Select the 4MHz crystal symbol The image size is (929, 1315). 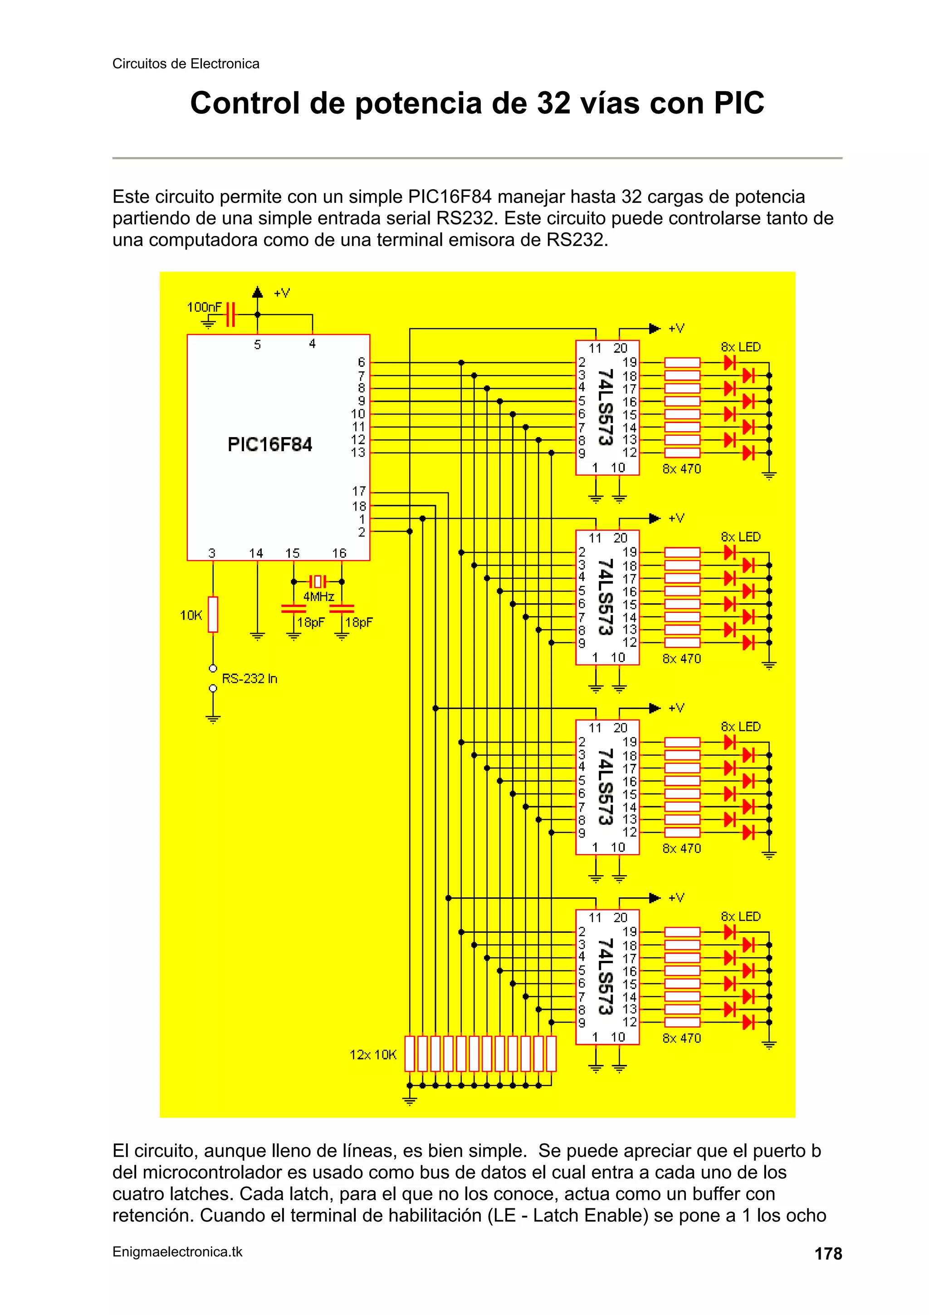(x=318, y=582)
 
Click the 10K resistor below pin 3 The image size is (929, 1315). (x=213, y=614)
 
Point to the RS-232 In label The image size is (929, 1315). (x=249, y=679)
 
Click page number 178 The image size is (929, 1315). (x=828, y=1254)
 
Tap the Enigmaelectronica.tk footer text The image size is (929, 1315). (x=177, y=1252)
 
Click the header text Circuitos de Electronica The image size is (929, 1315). (x=186, y=64)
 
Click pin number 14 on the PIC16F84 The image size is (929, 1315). (x=256, y=553)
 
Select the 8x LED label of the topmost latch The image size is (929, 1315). (x=740, y=347)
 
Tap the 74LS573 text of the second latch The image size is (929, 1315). (x=605, y=597)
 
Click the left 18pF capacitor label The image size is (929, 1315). (x=311, y=623)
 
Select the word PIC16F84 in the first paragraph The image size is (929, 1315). (x=450, y=197)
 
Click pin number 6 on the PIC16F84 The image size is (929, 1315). (x=361, y=362)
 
